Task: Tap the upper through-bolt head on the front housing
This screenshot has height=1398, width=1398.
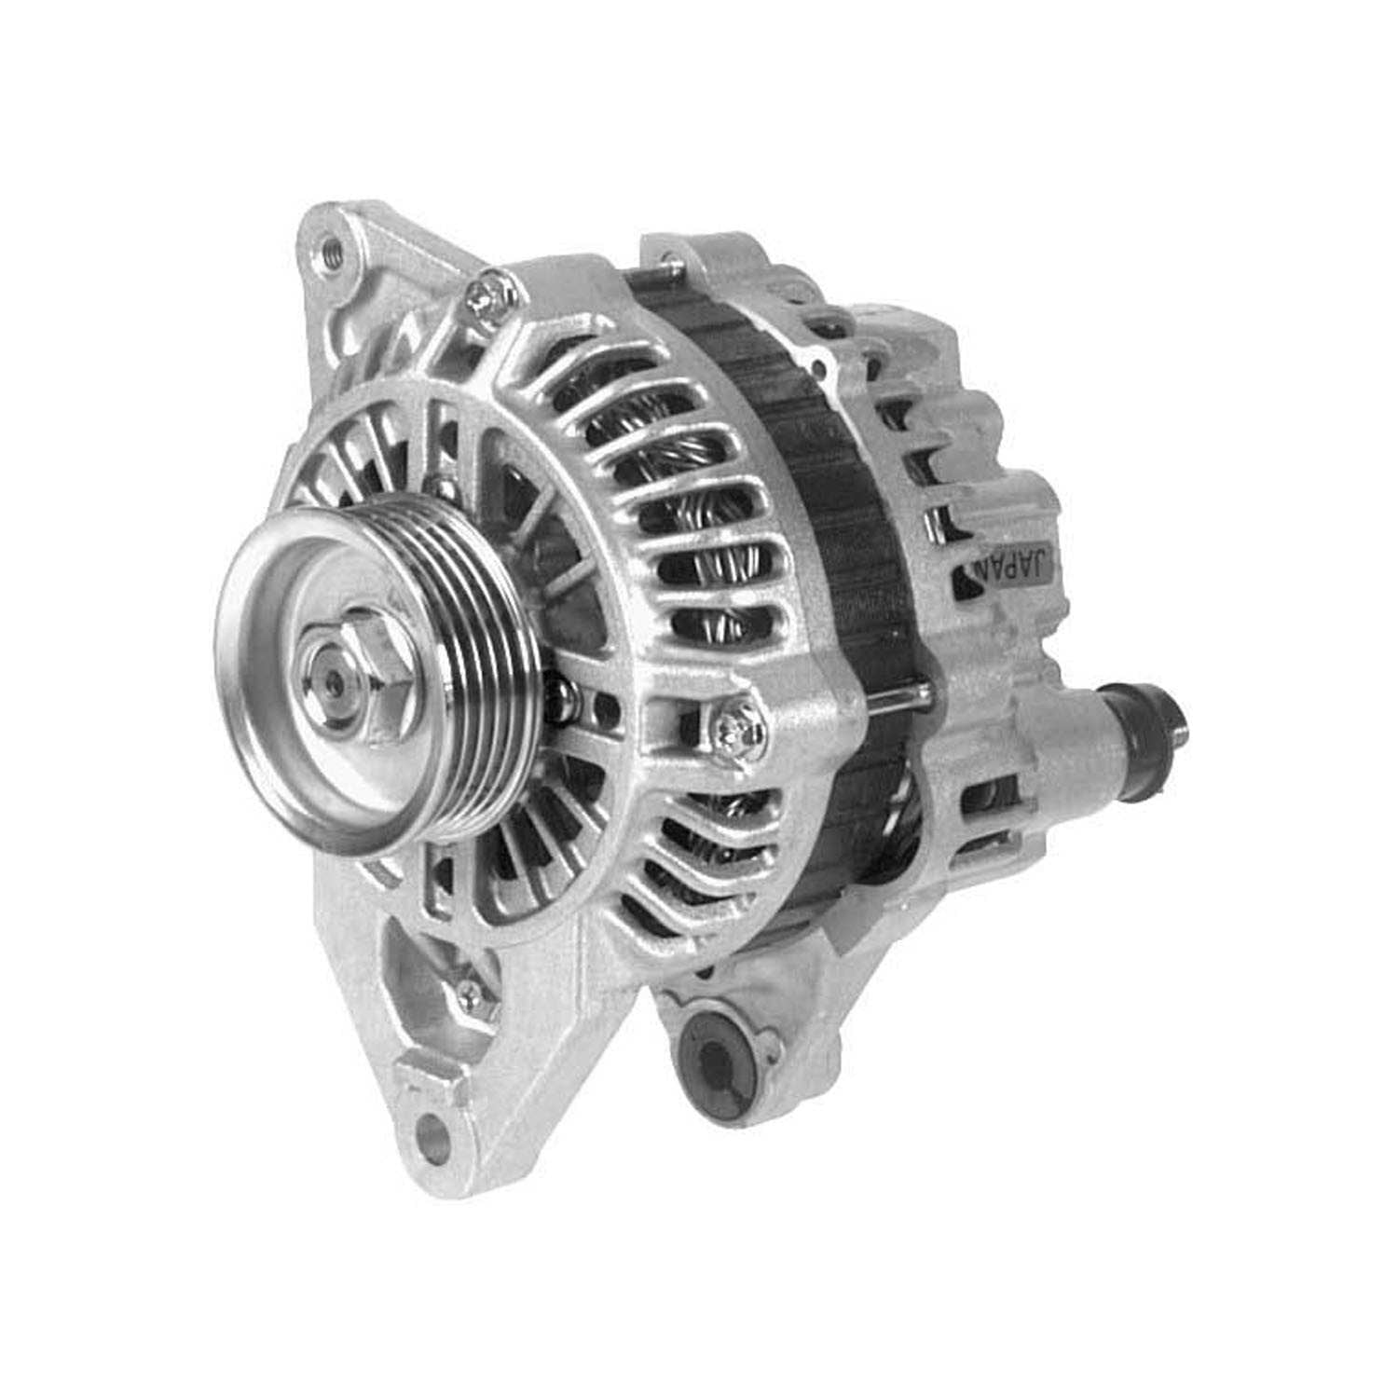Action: pyautogui.click(x=488, y=294)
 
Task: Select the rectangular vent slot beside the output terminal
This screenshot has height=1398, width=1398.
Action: pyautogui.click(x=988, y=802)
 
